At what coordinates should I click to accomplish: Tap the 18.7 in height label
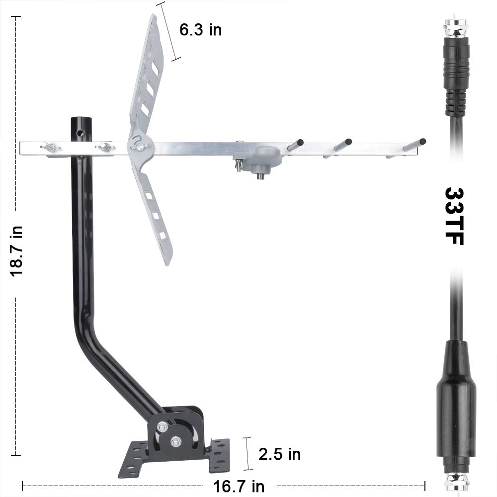tap(16, 251)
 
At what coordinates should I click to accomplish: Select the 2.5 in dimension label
tap(279, 454)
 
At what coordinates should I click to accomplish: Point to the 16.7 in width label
tap(239, 486)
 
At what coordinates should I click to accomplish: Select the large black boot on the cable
tap(456, 398)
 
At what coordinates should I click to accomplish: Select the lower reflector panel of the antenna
tap(154, 214)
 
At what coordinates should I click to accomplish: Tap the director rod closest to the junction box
tap(295, 145)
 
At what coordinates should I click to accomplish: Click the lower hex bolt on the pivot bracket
tap(175, 441)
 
